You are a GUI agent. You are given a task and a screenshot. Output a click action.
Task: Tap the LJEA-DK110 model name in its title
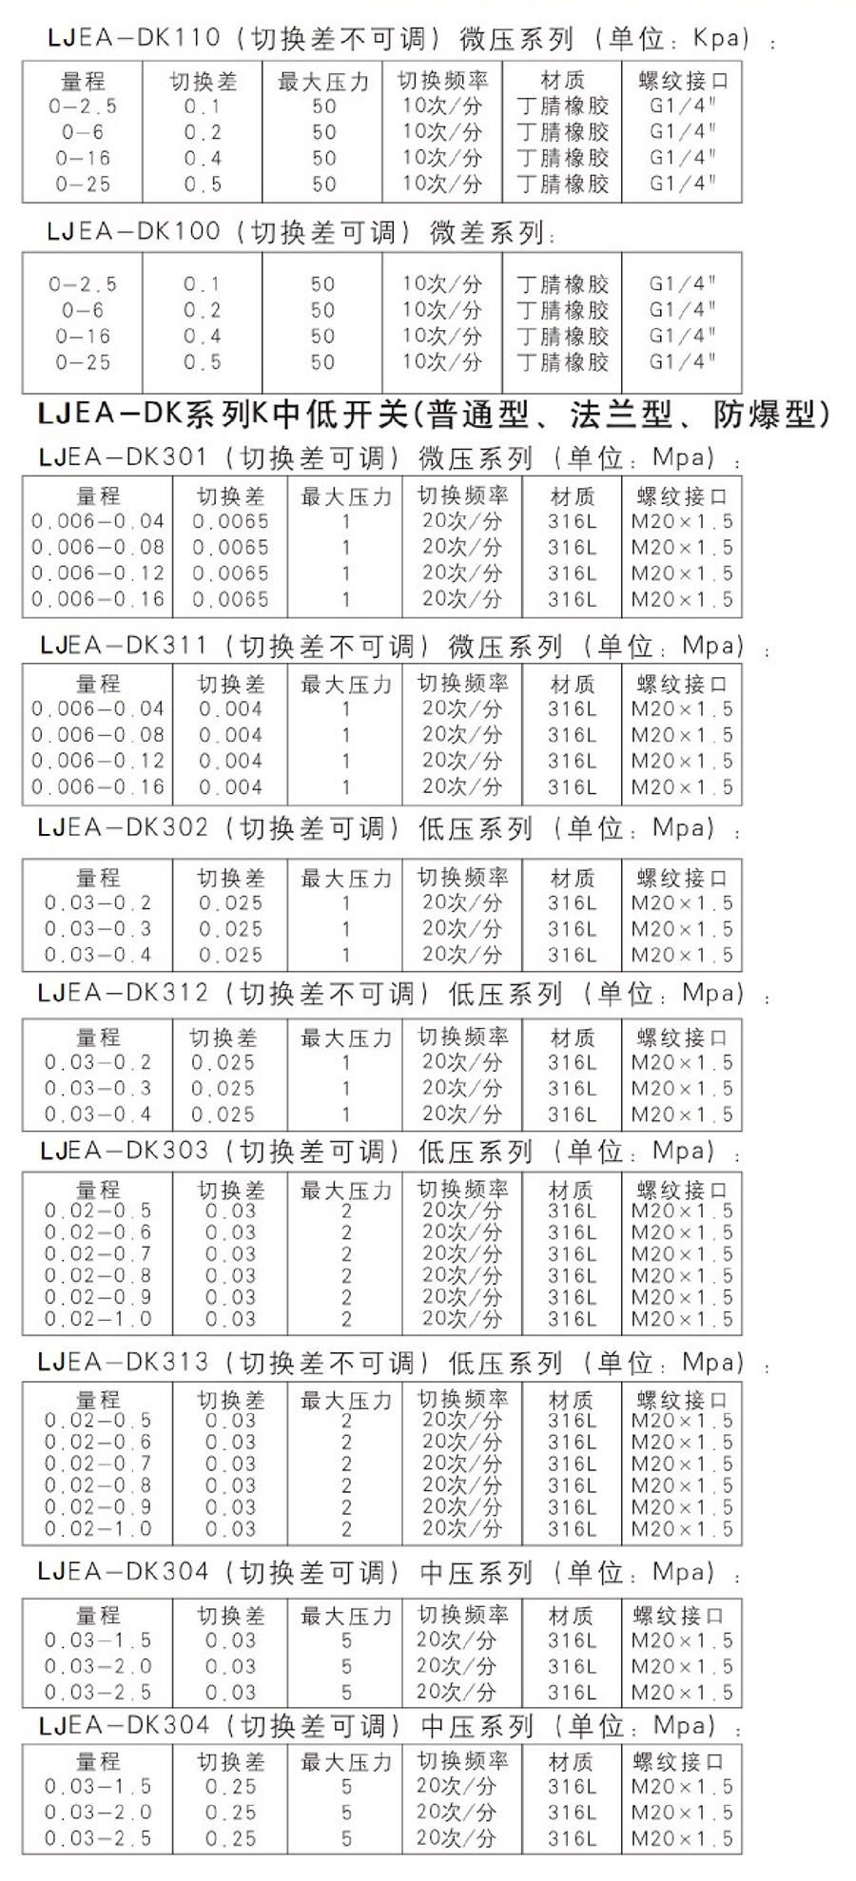point(133,38)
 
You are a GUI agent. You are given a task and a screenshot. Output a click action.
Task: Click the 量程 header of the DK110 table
point(83,82)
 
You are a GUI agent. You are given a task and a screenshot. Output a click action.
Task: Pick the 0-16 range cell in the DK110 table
point(83,158)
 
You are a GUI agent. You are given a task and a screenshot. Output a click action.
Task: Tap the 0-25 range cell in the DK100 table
point(83,362)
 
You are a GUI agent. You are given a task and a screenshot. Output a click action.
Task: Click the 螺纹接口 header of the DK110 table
point(682,82)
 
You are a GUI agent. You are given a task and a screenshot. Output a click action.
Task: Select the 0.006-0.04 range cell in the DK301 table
point(98,521)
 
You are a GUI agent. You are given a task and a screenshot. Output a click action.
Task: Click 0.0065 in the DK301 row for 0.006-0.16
point(230,599)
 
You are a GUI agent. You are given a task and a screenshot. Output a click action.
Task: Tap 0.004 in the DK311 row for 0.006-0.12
point(230,761)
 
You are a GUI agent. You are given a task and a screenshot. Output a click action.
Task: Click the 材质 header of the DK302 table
point(572,878)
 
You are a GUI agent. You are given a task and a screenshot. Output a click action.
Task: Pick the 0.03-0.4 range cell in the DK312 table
point(98,1114)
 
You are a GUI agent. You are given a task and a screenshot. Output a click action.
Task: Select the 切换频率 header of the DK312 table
point(463,1037)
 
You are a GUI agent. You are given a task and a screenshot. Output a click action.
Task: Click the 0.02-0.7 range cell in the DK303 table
point(98,1254)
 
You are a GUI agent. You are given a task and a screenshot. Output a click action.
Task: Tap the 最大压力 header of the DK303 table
point(345,1190)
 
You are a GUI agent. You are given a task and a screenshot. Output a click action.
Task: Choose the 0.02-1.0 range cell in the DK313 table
point(98,1529)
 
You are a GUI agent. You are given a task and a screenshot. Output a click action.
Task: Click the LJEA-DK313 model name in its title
point(123,1362)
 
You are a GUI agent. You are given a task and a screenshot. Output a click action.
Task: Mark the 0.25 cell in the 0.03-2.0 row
point(230,1813)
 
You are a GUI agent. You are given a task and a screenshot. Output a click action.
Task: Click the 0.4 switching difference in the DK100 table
point(203,337)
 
